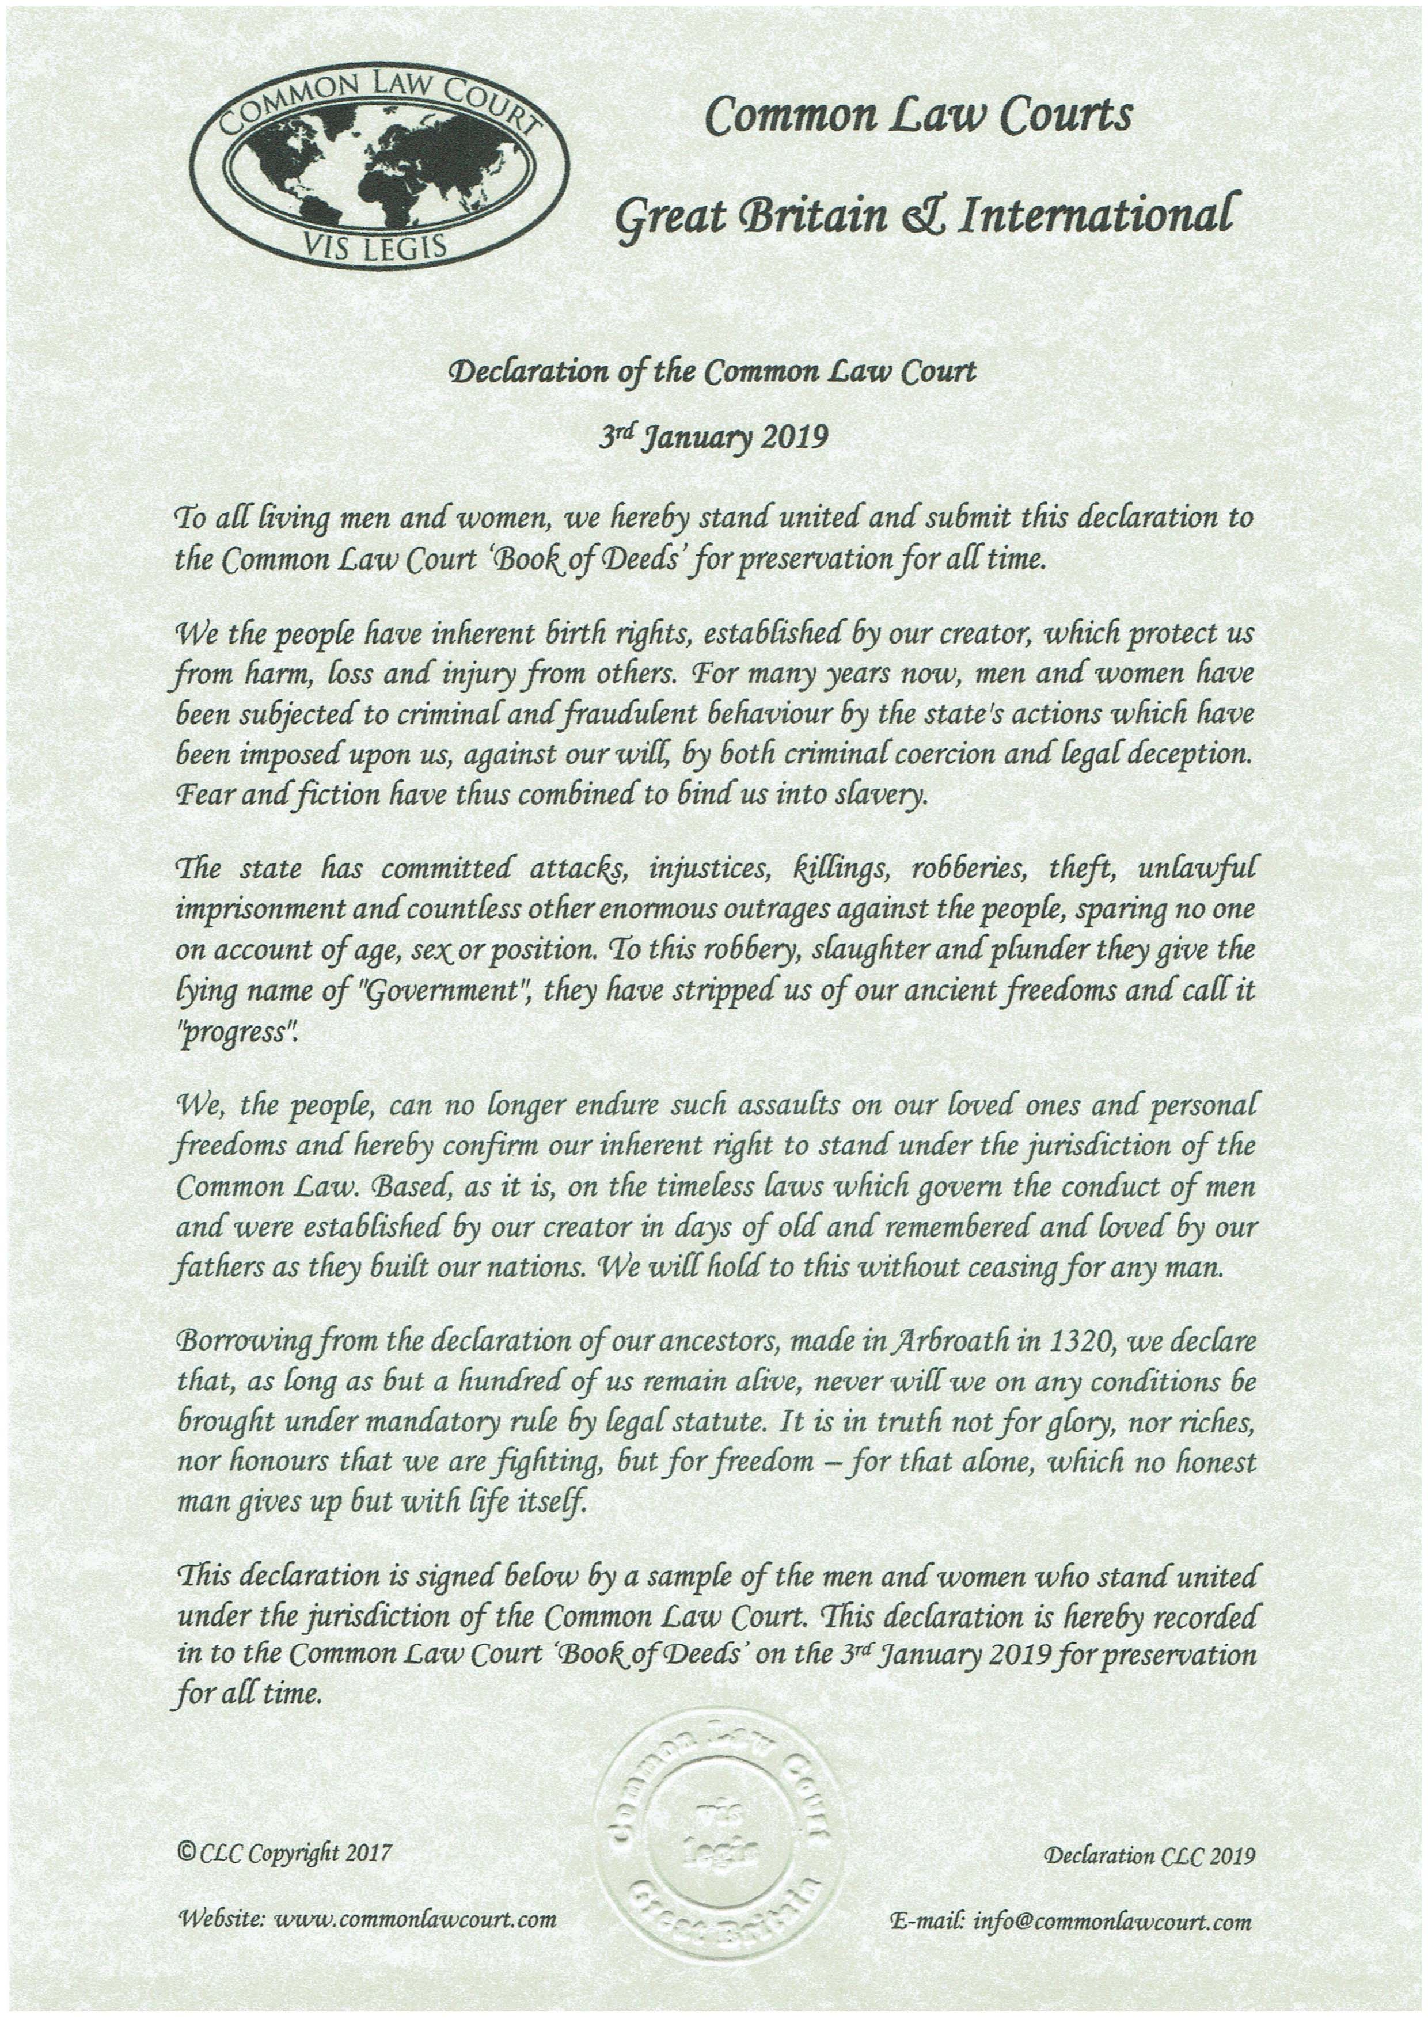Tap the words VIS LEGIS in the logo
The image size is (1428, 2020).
coord(378,247)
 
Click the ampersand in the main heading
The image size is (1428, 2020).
coord(920,215)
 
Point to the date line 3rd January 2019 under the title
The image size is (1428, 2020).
coord(713,436)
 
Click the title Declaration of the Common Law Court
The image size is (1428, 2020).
coord(713,371)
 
